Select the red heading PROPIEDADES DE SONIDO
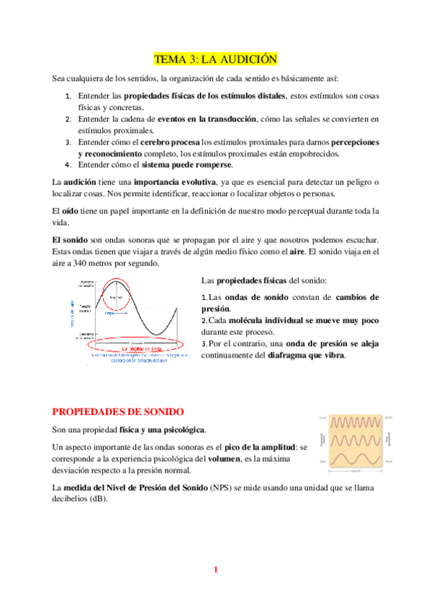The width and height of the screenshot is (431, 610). tap(118, 411)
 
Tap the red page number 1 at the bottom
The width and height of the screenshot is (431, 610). tap(215, 570)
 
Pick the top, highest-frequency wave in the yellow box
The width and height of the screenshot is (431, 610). tap(358, 421)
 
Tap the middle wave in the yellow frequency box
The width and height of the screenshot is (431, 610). tap(358, 439)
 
